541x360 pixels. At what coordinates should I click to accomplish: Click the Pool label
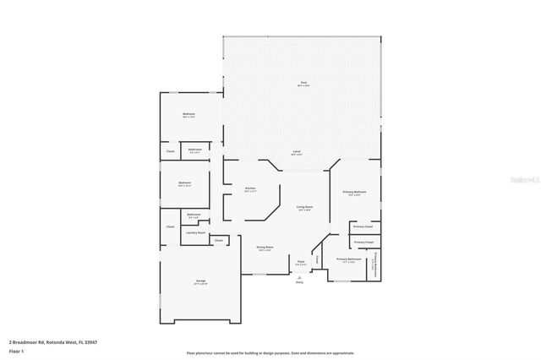[303, 83]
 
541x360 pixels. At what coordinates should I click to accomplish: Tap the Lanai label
[297, 152]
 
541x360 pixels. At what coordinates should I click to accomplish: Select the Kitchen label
[250, 188]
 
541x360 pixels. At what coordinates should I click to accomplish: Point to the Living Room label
[304, 207]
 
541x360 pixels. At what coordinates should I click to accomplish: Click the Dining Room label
[264, 248]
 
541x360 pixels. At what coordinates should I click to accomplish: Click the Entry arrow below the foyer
[299, 278]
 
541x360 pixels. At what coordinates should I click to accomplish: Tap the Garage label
[200, 281]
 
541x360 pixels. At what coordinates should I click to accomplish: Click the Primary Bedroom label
[354, 193]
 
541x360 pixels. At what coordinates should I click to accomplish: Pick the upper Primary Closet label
[363, 226]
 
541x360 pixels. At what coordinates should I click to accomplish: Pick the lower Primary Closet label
[363, 243]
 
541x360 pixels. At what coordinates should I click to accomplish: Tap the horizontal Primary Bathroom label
[348, 259]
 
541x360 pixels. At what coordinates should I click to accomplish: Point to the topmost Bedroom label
[189, 115]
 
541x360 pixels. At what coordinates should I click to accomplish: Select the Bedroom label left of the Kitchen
[184, 183]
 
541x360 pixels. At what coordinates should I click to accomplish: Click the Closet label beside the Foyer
[317, 260]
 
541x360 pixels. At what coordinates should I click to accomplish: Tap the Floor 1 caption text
[15, 351]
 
